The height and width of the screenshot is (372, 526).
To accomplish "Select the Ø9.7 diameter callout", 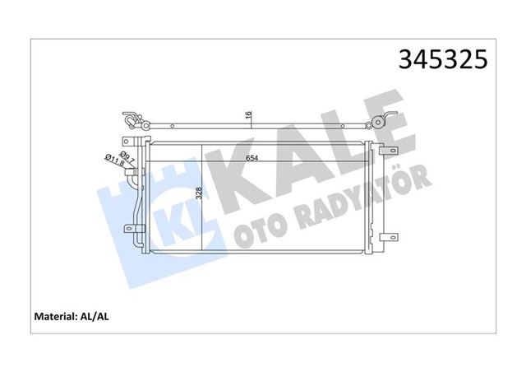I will click(x=127, y=157).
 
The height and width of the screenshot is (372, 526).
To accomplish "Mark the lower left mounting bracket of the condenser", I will click(x=131, y=230).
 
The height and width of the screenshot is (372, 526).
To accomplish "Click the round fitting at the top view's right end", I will click(x=379, y=124).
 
